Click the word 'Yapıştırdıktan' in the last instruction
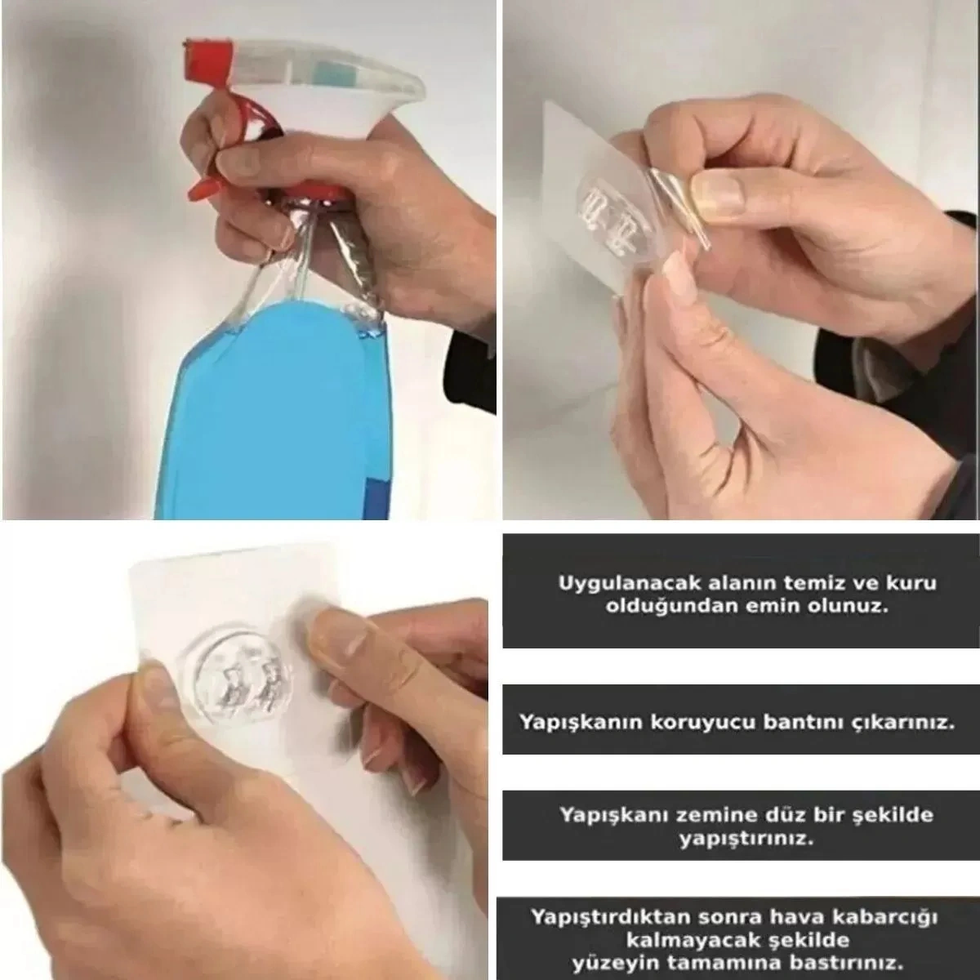pos(603,916)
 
